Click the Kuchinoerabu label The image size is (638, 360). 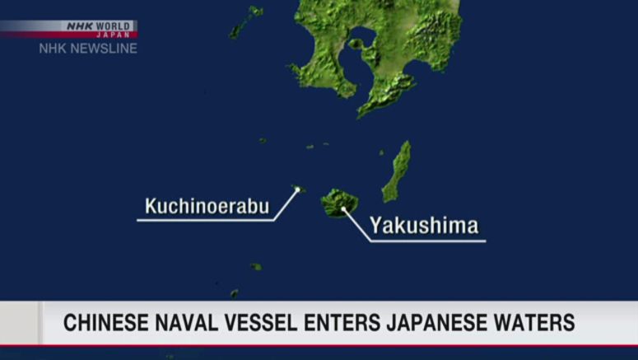pos(207,206)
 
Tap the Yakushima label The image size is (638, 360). pos(423,226)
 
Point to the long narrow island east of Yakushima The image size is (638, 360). pos(398,171)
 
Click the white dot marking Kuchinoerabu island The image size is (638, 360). pos(297,189)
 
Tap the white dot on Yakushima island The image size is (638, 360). pos(343,208)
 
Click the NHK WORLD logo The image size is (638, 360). pos(99,26)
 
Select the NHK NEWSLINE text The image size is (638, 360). pos(88,49)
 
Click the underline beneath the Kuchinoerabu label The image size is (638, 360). pos(206,220)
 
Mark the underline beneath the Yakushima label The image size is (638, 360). pos(428,241)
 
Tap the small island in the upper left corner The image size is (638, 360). pos(246,21)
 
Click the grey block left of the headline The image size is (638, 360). pos(20,323)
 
